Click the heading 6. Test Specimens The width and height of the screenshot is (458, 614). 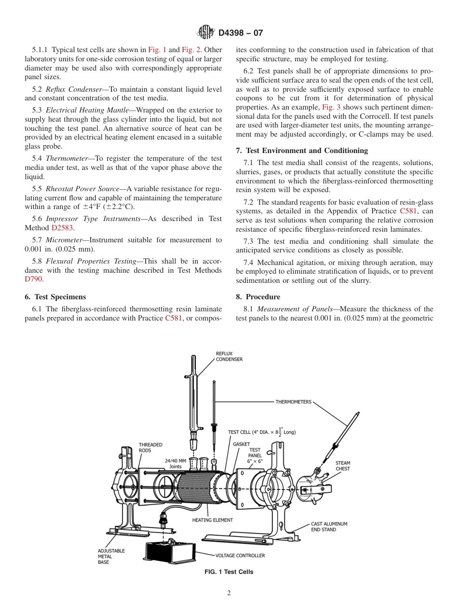[x=55, y=296]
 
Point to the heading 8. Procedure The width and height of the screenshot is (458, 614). [x=258, y=296]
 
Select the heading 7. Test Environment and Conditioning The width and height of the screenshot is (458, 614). [x=302, y=151]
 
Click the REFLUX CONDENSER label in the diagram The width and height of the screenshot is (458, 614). [x=229, y=356]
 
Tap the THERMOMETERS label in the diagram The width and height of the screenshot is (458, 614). [x=293, y=402]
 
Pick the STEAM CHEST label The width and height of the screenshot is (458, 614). [x=343, y=466]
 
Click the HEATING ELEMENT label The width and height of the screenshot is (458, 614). [x=212, y=520]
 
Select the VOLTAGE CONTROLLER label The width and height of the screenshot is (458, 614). [x=240, y=556]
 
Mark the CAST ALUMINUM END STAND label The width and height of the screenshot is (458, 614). [x=329, y=527]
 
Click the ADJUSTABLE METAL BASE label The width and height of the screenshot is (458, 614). [x=111, y=556]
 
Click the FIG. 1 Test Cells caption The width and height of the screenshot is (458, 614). [x=229, y=572]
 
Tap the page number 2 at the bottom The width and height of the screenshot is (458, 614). [x=229, y=593]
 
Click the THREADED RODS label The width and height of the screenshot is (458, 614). [x=150, y=447]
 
